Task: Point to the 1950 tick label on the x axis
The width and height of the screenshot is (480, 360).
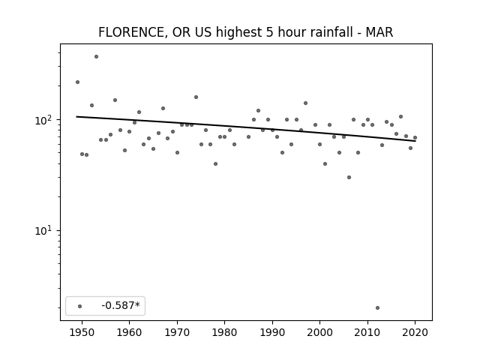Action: click(82, 332)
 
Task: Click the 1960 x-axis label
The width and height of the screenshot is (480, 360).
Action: click(129, 332)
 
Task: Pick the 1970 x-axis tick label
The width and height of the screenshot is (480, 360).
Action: click(177, 332)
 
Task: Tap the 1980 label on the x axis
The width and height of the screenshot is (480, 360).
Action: click(224, 332)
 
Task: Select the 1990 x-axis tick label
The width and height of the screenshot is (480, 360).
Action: click(272, 332)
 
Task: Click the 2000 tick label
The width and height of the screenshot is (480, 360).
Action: click(319, 332)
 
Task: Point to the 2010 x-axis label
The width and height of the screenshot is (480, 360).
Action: click(367, 332)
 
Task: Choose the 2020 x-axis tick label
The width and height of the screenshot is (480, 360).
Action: click(415, 332)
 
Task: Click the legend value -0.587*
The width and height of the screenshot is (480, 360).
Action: click(121, 305)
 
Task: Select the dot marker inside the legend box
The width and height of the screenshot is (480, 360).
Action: click(80, 306)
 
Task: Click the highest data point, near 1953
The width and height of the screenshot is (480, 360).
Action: click(97, 57)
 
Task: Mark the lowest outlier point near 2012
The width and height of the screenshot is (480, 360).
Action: click(377, 307)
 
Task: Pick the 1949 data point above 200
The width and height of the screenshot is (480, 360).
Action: click(77, 82)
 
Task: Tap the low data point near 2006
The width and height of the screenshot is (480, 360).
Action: click(349, 177)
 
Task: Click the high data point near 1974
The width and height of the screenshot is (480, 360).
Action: click(196, 97)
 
